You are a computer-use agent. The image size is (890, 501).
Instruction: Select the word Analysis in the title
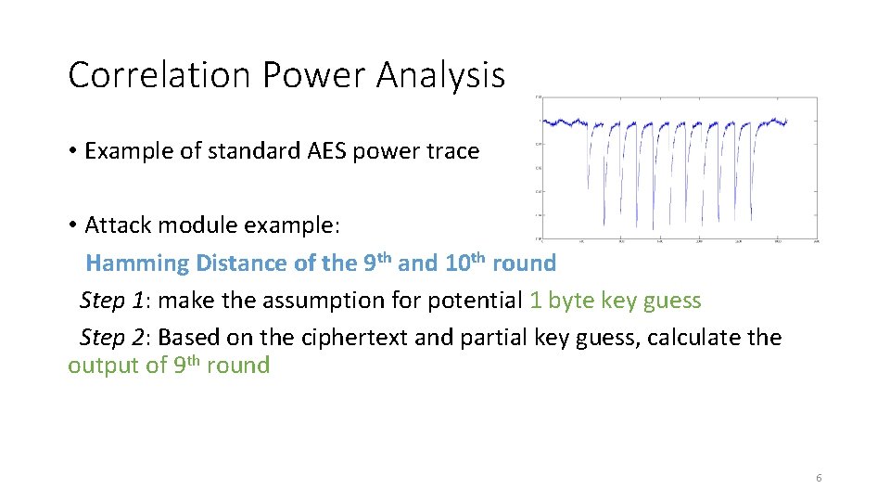(x=440, y=75)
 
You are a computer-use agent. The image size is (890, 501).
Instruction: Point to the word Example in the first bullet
(x=123, y=151)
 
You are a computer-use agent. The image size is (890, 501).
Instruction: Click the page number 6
(x=818, y=478)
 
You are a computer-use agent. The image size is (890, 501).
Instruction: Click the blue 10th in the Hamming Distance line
(x=465, y=263)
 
